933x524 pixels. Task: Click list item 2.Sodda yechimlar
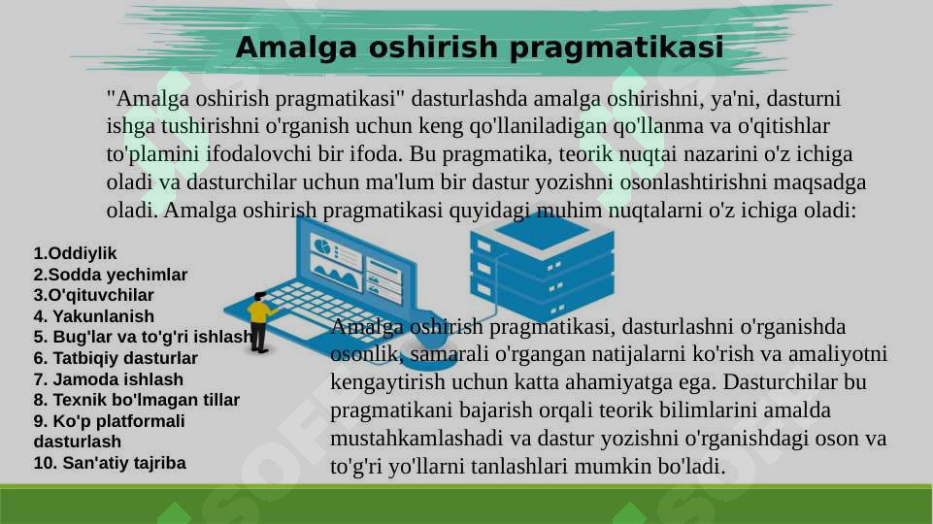[111, 275]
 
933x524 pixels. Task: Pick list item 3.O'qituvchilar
[93, 295]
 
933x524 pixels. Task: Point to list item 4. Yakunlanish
[93, 316]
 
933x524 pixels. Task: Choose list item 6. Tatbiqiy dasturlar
[116, 358]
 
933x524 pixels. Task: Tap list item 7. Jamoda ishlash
[108, 379]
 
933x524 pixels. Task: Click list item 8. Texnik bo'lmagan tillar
[136, 400]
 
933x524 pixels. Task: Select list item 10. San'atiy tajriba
[110, 463]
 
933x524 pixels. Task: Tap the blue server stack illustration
[541, 261]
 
